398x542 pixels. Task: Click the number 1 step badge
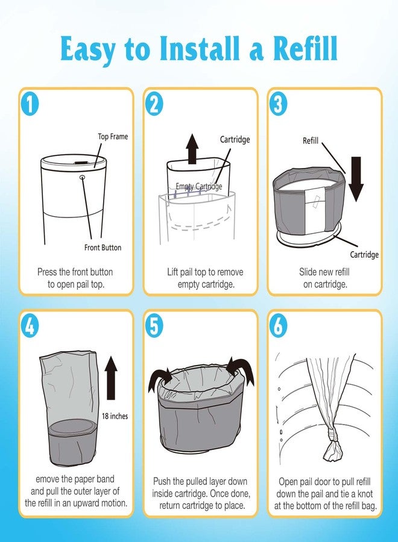coord(30,104)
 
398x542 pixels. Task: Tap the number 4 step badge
coord(30,326)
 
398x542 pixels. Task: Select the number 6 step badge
coord(278,326)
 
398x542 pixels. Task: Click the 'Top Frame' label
coord(113,137)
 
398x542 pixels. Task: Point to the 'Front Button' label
coord(103,248)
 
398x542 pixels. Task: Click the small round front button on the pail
coord(83,177)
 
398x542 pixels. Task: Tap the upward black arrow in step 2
coord(192,149)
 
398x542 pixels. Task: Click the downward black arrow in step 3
coord(356,179)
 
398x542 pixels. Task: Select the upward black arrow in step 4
coord(111,378)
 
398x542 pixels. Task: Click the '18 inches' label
coord(115,416)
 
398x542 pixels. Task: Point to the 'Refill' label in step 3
coord(311,141)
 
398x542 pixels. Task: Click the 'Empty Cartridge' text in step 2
coord(198,186)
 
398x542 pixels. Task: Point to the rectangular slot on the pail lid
coord(81,162)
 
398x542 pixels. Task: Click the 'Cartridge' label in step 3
coord(364,255)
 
